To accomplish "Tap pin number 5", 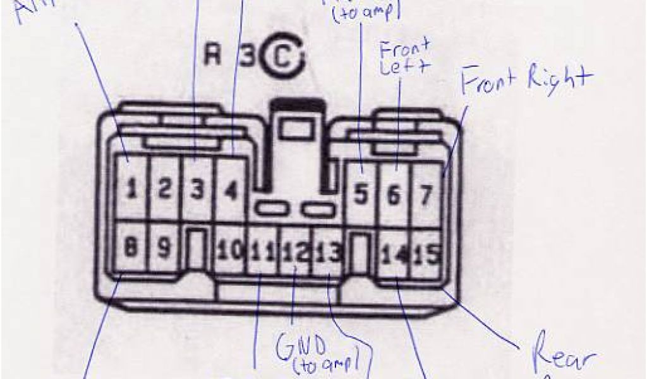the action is click(361, 195).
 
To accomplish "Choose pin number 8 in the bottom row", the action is click(130, 249).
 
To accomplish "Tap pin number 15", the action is click(429, 254).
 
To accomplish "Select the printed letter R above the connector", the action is click(212, 56).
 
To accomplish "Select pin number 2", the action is click(164, 189).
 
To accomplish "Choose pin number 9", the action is click(164, 250).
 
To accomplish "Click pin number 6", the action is click(393, 195).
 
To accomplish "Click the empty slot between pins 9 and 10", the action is click(197, 250).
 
